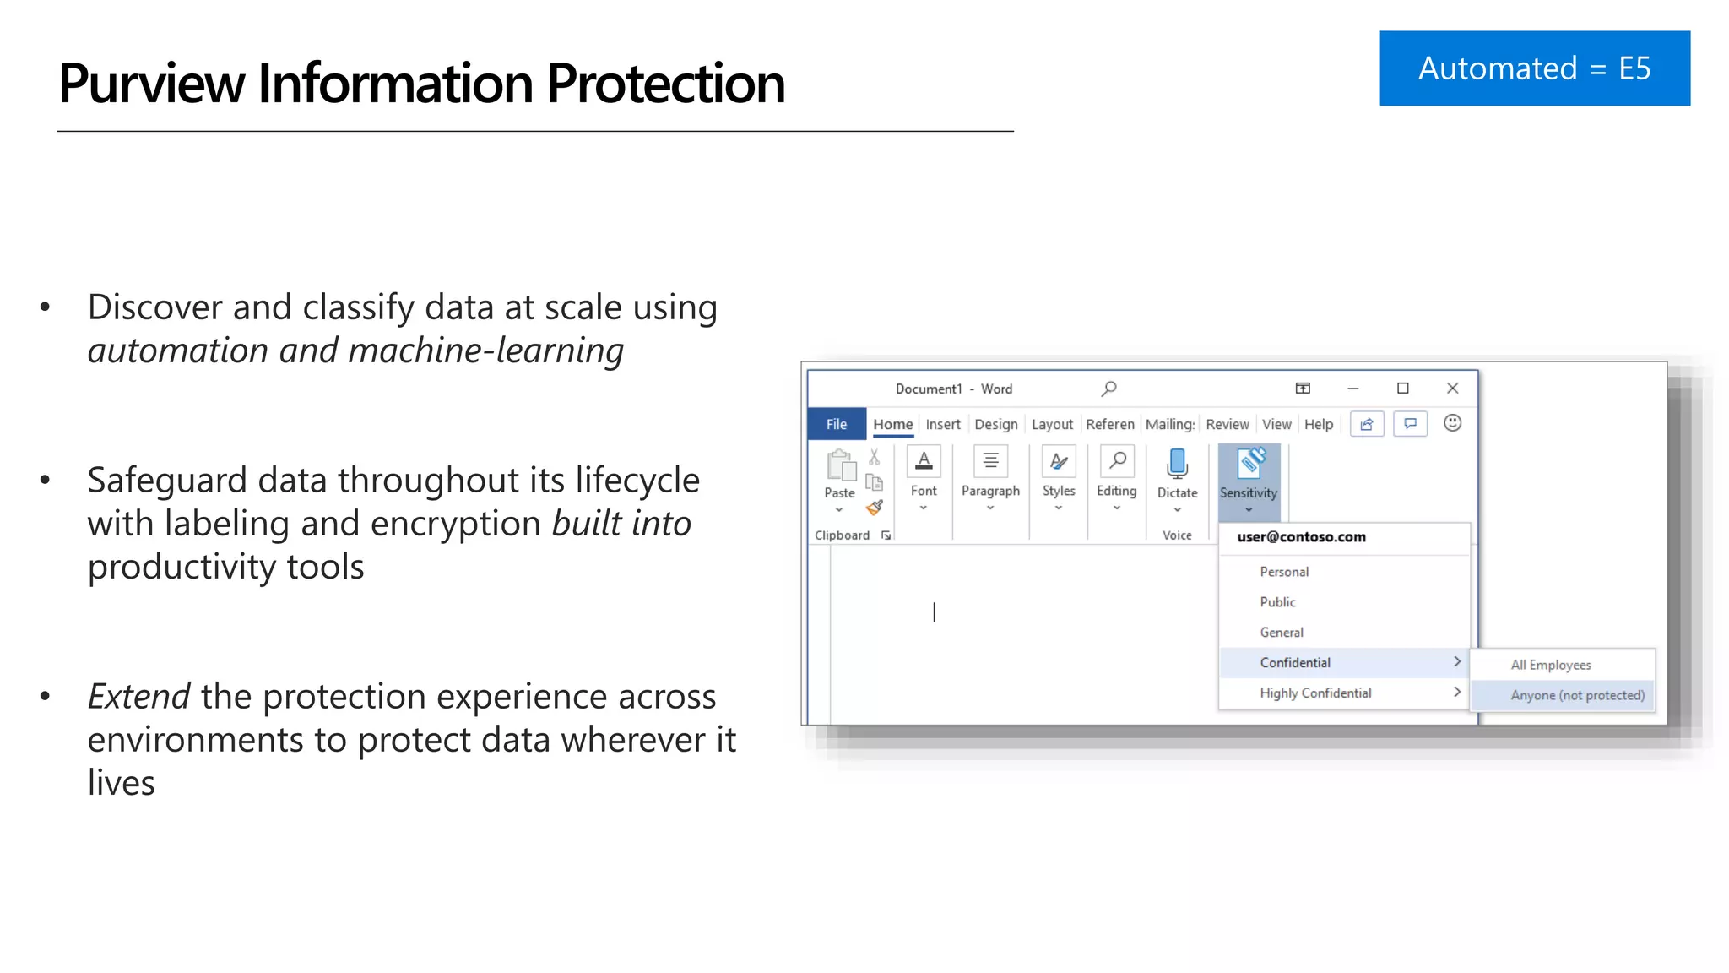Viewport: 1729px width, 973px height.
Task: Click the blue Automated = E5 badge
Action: [1534, 68]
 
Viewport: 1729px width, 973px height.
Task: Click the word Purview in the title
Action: [152, 84]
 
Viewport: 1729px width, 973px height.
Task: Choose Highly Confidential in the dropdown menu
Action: [1315, 693]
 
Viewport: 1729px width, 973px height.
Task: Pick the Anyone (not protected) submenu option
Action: [1576, 695]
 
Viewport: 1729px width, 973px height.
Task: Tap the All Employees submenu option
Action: [1550, 665]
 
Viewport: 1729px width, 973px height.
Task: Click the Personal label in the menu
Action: [1284, 572]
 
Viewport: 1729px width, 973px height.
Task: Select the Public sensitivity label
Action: [1277, 602]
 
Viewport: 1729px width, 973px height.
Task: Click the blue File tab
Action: [836, 424]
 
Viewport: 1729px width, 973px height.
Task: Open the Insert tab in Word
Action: [942, 424]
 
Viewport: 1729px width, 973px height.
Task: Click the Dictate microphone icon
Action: [1177, 464]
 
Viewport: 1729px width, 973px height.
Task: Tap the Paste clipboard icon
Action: [840, 465]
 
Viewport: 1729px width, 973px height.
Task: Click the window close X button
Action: [1452, 389]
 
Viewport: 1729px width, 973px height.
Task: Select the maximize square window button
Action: [1402, 389]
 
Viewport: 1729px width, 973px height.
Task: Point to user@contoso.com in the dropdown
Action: [1301, 537]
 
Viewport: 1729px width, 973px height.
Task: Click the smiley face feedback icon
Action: [1452, 423]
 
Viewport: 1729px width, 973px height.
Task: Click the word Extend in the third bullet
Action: [138, 697]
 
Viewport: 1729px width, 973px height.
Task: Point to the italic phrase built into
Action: [621, 524]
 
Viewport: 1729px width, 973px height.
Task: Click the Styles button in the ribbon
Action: [1058, 478]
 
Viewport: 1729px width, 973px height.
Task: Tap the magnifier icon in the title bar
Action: [1108, 389]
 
